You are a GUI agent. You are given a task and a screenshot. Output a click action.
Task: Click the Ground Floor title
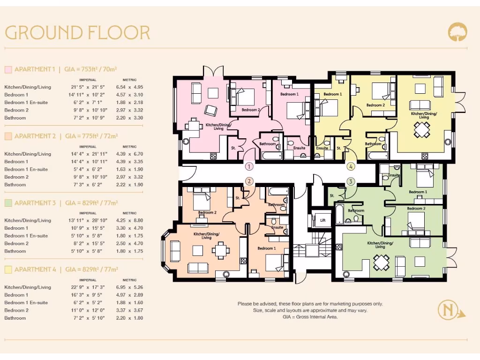pos(77,33)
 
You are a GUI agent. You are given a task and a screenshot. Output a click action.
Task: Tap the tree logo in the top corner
pos(457,32)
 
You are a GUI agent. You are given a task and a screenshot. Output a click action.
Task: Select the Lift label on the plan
pos(322,220)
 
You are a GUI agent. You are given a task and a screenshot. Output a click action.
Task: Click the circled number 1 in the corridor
pos(249,166)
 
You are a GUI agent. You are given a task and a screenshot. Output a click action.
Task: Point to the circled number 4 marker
pos(351,166)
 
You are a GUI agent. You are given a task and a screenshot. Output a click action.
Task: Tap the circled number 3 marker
pos(351,181)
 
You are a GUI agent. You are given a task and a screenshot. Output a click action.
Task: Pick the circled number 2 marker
pos(249,181)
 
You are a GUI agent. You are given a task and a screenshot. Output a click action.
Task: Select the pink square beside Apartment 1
pos(8,69)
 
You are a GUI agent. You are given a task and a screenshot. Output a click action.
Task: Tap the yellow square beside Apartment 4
pos(8,270)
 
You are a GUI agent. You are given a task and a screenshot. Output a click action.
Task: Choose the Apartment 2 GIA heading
pos(66,136)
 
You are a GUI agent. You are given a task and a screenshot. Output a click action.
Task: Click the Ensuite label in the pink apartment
pos(299,148)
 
